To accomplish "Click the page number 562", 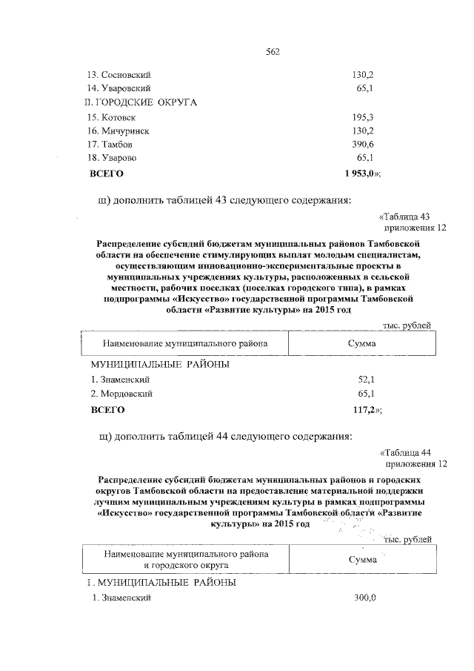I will pyautogui.click(x=273, y=52).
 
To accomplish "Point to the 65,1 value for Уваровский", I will pyautogui.click(x=365, y=89).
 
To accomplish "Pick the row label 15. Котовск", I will pyautogui.click(x=111, y=117).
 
